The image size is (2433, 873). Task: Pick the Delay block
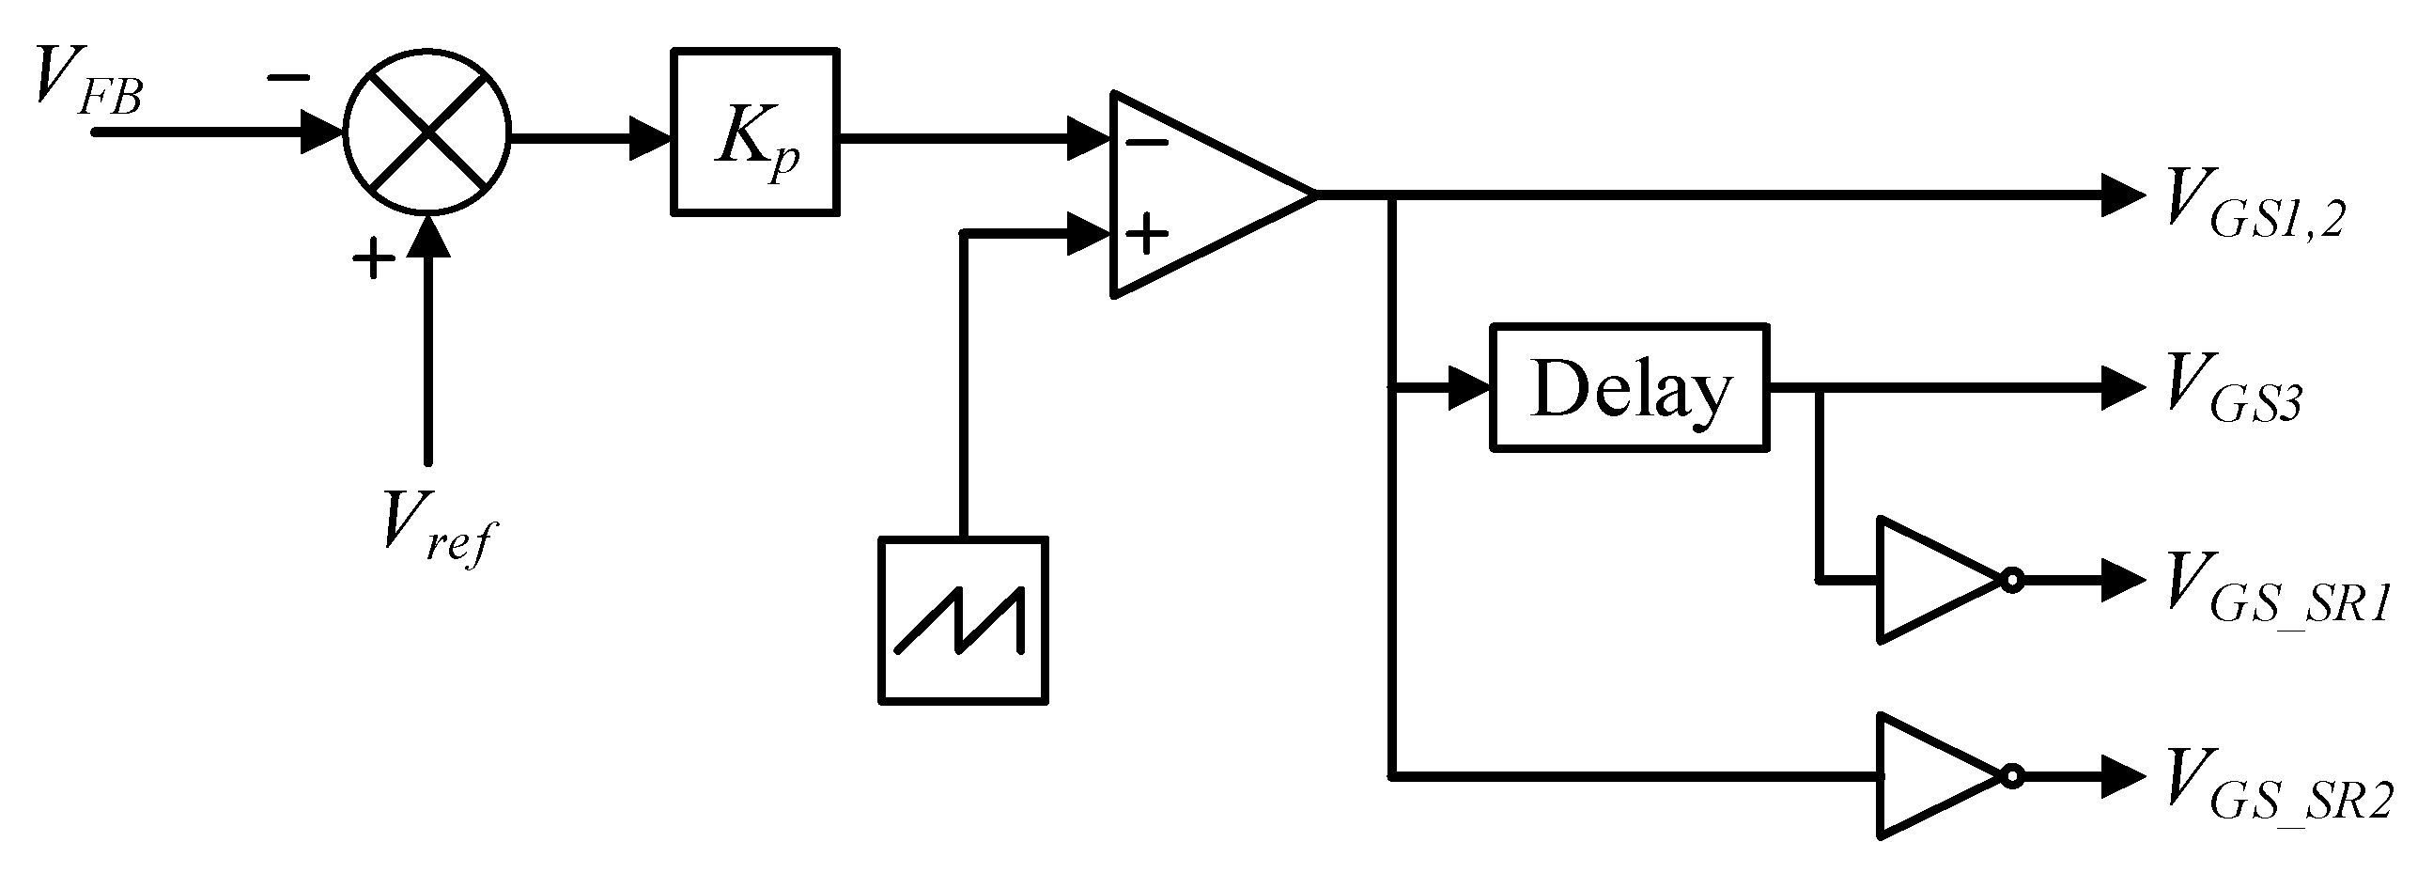[1628, 388]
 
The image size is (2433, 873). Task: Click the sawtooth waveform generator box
[963, 621]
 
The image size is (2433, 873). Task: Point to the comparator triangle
[1200, 195]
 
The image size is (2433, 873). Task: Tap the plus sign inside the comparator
[1148, 233]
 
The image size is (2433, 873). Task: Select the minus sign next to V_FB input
[288, 78]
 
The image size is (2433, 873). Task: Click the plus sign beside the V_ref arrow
[373, 256]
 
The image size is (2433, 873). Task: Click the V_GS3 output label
[2231, 388]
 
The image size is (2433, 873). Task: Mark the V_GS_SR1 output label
[2276, 590]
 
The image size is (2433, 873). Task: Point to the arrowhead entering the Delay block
[1469, 388]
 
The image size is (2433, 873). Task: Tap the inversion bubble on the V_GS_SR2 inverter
[2012, 776]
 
